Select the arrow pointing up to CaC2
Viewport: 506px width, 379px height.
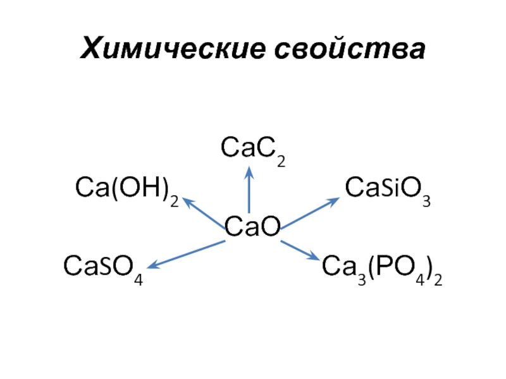tap(249, 189)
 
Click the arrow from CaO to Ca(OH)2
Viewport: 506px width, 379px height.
tap(204, 210)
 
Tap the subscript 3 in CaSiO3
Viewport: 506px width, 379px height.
tap(426, 202)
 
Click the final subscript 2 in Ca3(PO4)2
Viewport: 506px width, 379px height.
tap(437, 279)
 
